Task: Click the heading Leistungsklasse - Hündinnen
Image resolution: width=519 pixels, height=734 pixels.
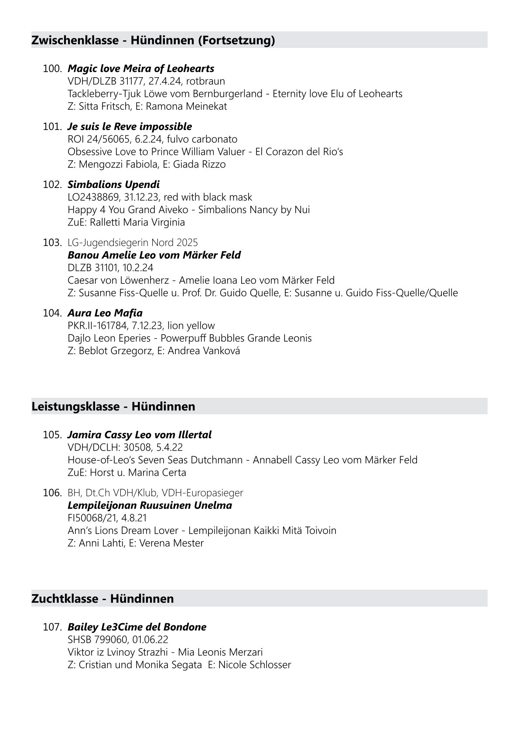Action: pyautogui.click(x=113, y=406)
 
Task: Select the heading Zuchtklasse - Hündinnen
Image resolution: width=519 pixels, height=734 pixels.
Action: pyautogui.click(x=102, y=598)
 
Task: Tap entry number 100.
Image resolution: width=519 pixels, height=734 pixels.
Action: pyautogui.click(x=52, y=68)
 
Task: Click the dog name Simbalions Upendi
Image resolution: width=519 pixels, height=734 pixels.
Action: pyautogui.click(x=113, y=184)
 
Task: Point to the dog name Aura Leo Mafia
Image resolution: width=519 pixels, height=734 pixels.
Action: pyautogui.click(x=105, y=313)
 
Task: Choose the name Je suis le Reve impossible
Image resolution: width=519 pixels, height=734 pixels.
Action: pyautogui.click(x=130, y=126)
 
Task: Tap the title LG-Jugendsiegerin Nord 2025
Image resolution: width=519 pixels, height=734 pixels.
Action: pyautogui.click(x=133, y=242)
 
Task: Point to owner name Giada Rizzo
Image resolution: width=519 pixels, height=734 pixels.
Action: pyautogui.click(x=199, y=164)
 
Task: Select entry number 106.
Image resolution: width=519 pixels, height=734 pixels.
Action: pyautogui.click(x=52, y=493)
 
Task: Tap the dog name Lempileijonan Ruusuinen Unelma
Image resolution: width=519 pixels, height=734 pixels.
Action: pyautogui.click(x=150, y=505)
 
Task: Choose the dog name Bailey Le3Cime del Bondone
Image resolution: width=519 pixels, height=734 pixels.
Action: pyautogui.click(x=137, y=627)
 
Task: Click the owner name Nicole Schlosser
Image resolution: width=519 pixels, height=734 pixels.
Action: pyautogui.click(x=255, y=665)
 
